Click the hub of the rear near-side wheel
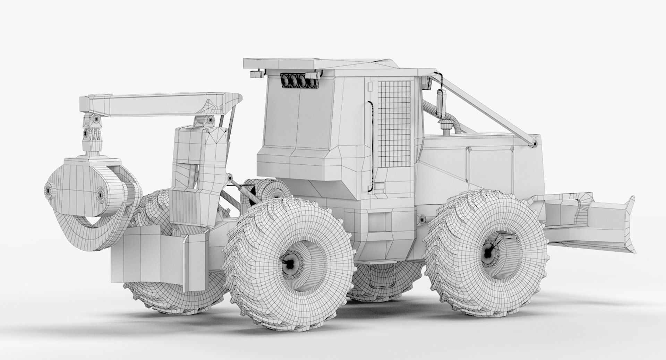click(x=290, y=265)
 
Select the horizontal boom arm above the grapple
click(x=156, y=104)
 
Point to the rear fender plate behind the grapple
click(x=156, y=255)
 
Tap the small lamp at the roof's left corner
click(x=256, y=74)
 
